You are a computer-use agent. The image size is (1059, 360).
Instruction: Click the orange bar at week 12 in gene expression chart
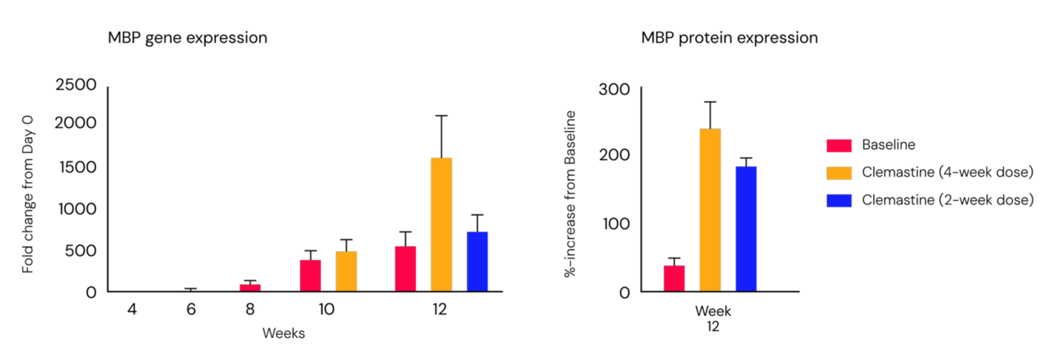(441, 225)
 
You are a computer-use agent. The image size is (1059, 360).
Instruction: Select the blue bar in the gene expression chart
(477, 262)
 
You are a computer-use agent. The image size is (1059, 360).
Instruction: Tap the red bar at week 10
(310, 276)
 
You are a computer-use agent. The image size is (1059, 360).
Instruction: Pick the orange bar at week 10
(346, 271)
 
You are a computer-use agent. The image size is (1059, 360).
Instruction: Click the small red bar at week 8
(250, 288)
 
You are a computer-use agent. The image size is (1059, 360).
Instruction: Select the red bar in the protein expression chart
(674, 278)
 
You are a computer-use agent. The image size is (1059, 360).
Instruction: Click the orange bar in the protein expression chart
(710, 210)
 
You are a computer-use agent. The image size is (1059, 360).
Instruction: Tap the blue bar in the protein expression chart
(746, 229)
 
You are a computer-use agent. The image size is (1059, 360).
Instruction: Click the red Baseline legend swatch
(839, 146)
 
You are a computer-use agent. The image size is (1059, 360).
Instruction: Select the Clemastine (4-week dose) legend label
(947, 172)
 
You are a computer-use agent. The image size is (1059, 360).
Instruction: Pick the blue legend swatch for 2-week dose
(839, 200)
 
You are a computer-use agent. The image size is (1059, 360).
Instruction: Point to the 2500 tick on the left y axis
(76, 85)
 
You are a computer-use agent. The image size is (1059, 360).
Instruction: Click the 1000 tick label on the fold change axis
(77, 209)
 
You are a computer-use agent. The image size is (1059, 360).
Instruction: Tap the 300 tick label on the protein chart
(614, 90)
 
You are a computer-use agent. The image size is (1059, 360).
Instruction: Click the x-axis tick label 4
(132, 309)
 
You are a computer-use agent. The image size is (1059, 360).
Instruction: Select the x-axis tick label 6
(191, 309)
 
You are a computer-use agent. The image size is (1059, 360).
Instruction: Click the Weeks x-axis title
(283, 333)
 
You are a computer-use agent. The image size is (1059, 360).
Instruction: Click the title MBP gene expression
(188, 38)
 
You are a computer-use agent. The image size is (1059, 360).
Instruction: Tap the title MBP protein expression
(729, 38)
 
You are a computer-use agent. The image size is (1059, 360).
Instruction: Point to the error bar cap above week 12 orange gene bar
(441, 116)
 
